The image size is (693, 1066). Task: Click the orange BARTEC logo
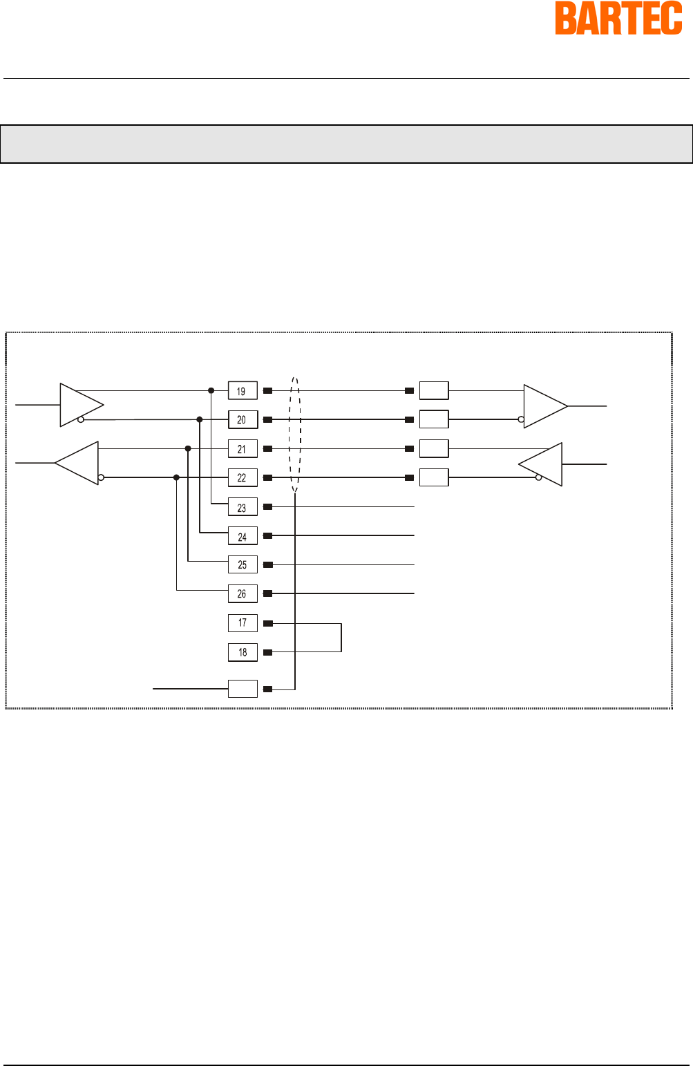point(618,19)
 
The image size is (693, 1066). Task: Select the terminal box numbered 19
point(243,391)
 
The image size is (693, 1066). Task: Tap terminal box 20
point(243,420)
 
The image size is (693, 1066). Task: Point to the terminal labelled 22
point(243,478)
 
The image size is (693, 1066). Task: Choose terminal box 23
point(243,507)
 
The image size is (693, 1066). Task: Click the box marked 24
point(243,536)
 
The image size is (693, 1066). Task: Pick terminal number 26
point(243,593)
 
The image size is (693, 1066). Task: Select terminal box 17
point(243,623)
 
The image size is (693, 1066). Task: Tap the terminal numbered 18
point(243,652)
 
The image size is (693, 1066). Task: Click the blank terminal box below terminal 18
point(243,689)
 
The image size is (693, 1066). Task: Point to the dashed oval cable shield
point(295,435)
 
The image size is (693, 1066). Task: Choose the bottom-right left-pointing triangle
point(542,464)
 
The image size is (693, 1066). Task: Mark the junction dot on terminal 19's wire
point(211,390)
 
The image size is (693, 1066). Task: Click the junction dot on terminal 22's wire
point(176,477)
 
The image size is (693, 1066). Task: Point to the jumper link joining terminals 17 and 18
point(341,638)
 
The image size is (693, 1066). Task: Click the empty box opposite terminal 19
point(434,390)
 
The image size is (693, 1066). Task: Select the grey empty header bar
point(346,144)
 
